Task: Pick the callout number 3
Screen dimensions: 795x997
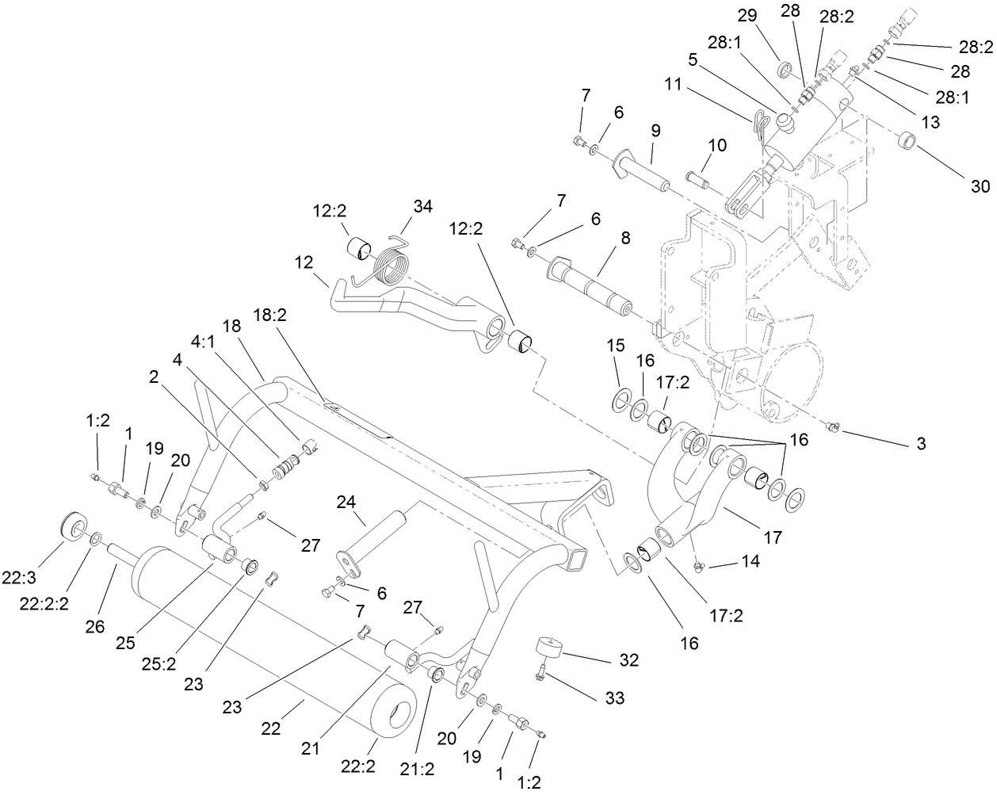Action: [x=920, y=444]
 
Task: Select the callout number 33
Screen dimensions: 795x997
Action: [x=614, y=698]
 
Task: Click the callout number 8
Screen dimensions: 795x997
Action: [x=625, y=238]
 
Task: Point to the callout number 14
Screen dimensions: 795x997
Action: [x=750, y=561]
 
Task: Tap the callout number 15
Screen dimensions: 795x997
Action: [x=616, y=346]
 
